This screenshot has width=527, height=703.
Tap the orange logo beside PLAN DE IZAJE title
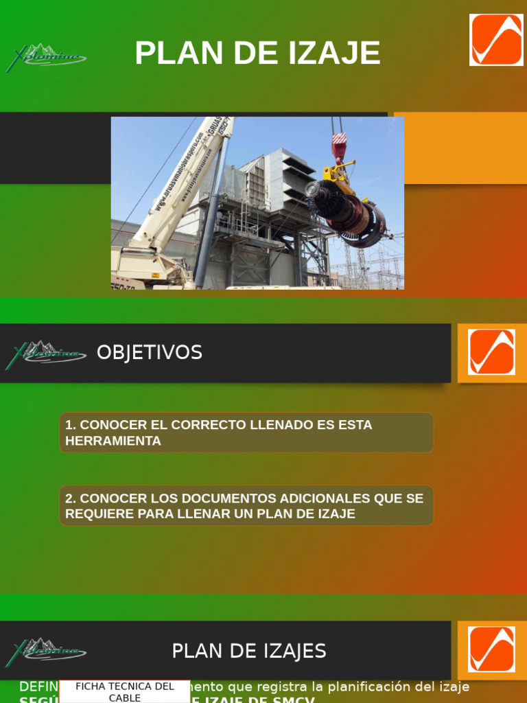[x=496, y=40]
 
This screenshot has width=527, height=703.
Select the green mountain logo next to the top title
[x=45, y=58]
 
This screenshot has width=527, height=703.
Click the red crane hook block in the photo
[x=339, y=146]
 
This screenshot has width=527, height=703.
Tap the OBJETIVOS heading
[x=150, y=353]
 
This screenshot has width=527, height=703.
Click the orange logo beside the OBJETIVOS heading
[x=491, y=352]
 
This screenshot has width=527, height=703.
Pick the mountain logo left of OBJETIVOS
[x=45, y=354]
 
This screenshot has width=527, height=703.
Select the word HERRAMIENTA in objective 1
[x=113, y=441]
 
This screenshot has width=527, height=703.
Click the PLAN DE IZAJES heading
[x=249, y=651]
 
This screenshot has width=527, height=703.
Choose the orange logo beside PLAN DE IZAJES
[x=491, y=649]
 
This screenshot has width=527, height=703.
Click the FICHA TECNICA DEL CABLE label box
[x=125, y=691]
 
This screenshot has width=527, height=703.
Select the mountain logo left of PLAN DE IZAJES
[x=45, y=652]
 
